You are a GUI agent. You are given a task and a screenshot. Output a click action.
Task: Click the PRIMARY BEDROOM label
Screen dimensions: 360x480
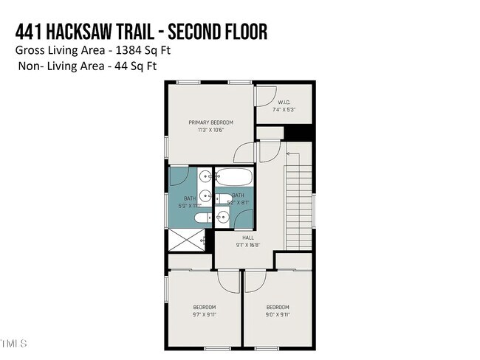tap(210, 122)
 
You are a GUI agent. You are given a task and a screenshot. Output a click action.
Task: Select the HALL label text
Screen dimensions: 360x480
tap(247, 238)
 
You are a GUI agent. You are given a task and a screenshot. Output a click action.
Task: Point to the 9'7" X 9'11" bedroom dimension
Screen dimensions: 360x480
tap(205, 314)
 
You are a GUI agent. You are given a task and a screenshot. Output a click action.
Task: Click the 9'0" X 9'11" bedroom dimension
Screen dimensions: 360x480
tap(278, 314)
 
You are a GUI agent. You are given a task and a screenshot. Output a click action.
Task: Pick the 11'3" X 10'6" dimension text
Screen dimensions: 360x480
tap(210, 131)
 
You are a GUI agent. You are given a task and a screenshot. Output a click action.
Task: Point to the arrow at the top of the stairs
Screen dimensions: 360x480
tap(288, 153)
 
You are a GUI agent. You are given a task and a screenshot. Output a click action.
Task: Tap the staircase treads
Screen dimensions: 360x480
tap(298, 199)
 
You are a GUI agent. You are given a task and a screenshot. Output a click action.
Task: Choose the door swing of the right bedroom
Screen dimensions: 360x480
tap(255, 281)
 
